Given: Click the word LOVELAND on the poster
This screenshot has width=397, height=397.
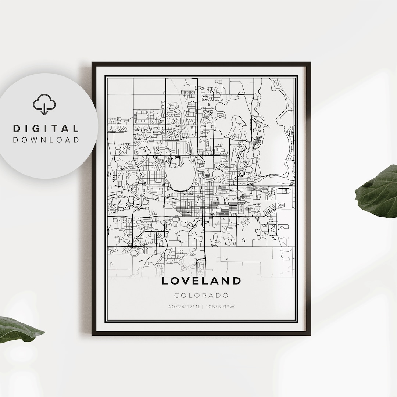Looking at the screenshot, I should coord(201,281).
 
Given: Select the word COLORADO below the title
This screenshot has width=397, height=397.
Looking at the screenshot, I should coord(201,295).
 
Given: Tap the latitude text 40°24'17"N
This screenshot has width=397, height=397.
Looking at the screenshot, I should coord(183,306).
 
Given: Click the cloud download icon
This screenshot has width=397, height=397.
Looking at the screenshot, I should coord(44,104).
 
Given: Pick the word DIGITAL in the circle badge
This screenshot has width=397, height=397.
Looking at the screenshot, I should coord(46,129).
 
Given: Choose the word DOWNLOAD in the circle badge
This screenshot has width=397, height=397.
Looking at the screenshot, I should coord(46,140).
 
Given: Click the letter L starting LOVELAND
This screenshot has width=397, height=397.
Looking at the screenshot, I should coord(165,281).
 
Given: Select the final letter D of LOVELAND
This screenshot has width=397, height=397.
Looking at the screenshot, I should coord(237,281).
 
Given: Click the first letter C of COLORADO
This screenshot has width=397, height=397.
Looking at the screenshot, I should coord(177,295).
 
